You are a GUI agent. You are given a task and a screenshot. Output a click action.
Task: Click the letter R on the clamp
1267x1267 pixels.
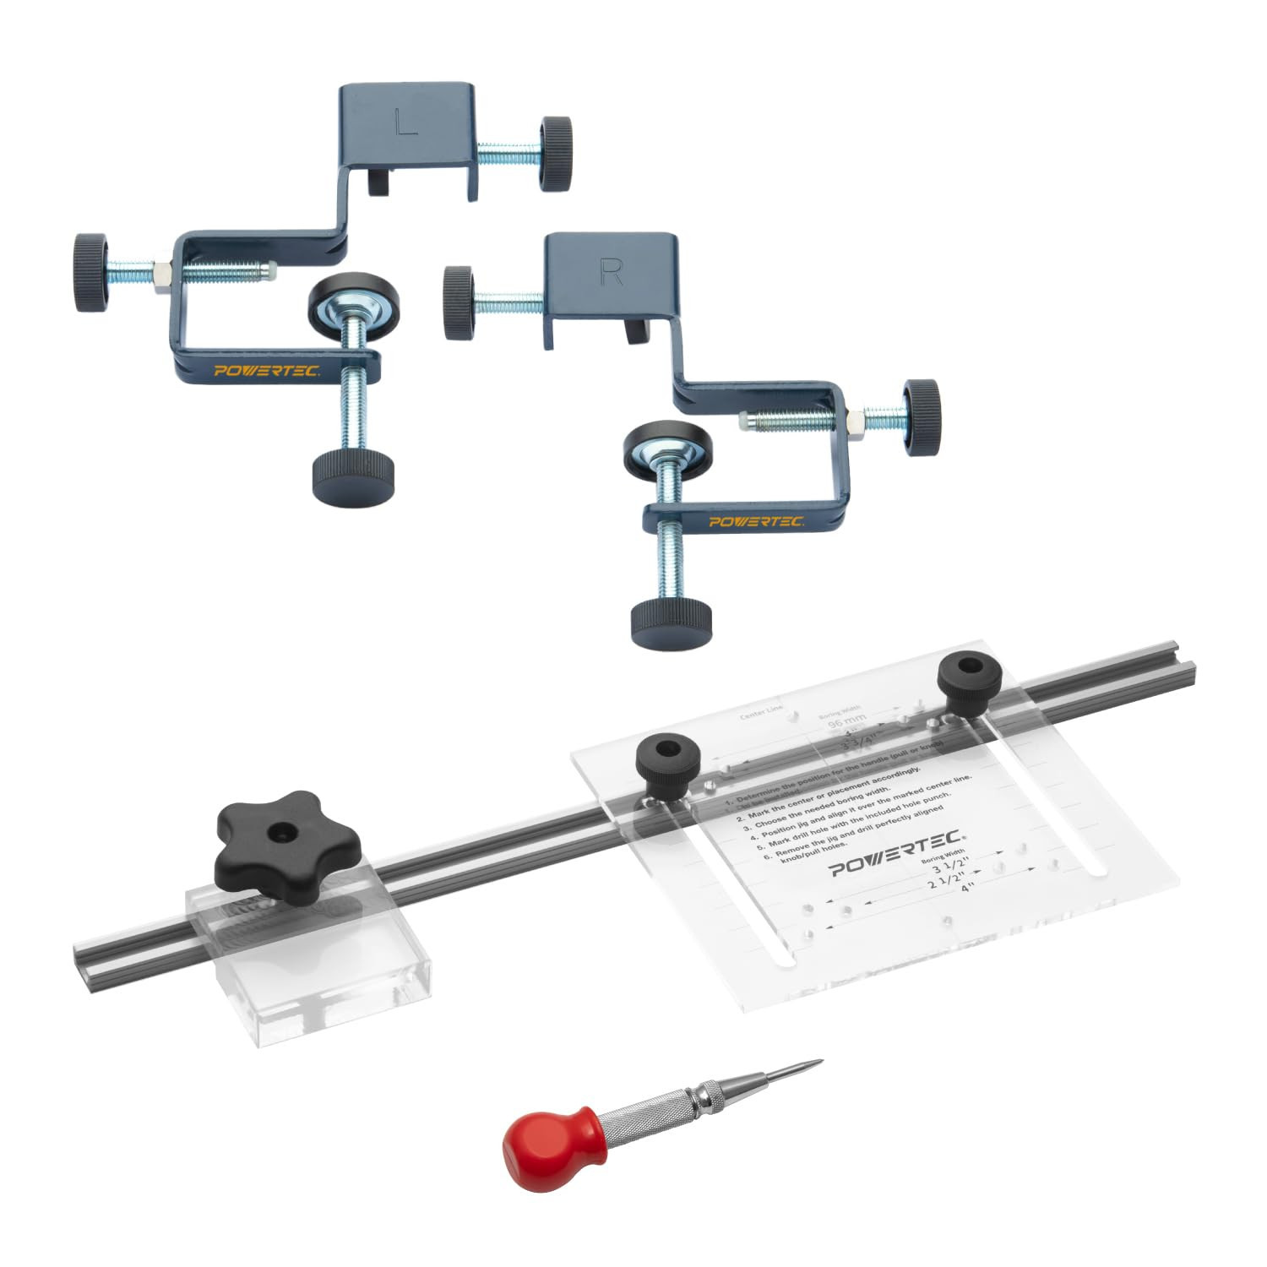click(x=610, y=271)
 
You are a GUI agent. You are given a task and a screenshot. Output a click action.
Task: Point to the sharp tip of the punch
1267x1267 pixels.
click(x=818, y=1062)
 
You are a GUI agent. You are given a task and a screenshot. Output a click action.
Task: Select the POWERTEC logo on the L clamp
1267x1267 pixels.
click(x=266, y=371)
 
